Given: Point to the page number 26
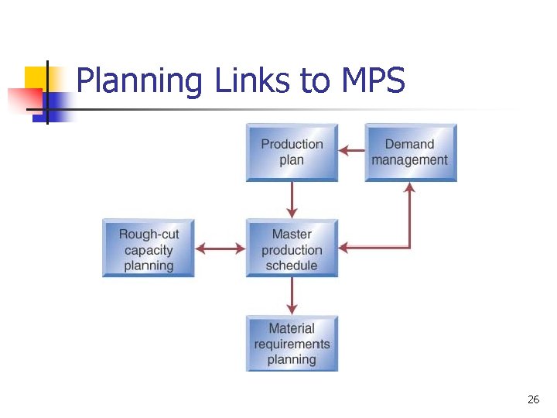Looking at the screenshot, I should coord(533,399).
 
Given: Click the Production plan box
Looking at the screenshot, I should coord(292,152).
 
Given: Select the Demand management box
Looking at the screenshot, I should coord(410,152).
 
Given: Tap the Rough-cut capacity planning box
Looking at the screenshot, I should coord(149,248).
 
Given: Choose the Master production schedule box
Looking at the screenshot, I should coord(292,248).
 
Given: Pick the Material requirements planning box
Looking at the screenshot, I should coord(292,343).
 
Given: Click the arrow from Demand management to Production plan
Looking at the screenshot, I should coord(352,151).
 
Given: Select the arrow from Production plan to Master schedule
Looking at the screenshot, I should coord(292,200).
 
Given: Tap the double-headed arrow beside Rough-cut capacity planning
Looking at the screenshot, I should coord(220,248).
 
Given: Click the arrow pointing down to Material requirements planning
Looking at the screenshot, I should coord(292,296).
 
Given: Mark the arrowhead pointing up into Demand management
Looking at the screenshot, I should coord(409,187).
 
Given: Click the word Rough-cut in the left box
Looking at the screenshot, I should coord(149,234).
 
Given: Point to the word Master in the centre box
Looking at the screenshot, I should coord(292,234).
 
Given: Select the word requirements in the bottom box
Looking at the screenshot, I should coord(292,344).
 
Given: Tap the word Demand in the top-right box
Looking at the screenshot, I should coord(410,144).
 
